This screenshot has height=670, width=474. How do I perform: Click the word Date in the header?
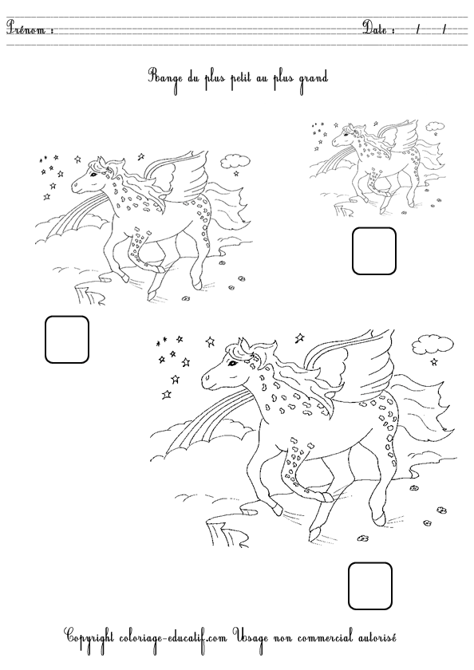click(375, 28)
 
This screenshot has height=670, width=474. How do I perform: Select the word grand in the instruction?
click(313, 78)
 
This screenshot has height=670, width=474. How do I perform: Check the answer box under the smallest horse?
click(374, 250)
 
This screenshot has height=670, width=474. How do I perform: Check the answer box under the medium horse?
click(67, 339)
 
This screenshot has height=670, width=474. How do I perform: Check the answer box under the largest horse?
click(370, 585)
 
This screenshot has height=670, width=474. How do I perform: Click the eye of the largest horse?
click(233, 363)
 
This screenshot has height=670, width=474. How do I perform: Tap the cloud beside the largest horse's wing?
click(433, 345)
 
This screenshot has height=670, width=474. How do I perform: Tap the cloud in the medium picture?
click(235, 160)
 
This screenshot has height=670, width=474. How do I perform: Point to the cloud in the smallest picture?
click(435, 126)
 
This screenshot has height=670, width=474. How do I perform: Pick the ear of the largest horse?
click(243, 343)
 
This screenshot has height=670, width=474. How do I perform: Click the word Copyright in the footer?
click(89, 637)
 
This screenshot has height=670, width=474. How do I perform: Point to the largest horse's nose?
click(206, 379)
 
